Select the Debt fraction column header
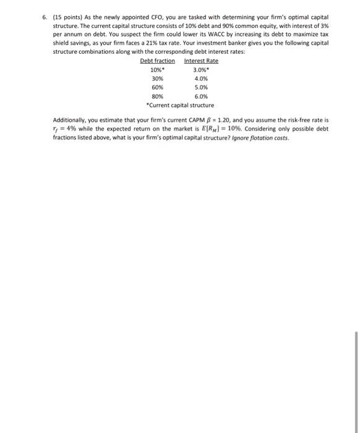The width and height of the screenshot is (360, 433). (157, 61)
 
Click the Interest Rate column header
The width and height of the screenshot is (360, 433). (201, 61)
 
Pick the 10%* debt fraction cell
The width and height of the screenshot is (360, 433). (158, 69)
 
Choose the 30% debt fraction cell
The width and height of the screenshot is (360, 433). (157, 79)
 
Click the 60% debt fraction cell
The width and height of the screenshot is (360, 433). (157, 87)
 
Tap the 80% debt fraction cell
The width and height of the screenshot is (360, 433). (157, 96)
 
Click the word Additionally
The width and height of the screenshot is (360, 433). (70, 121)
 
